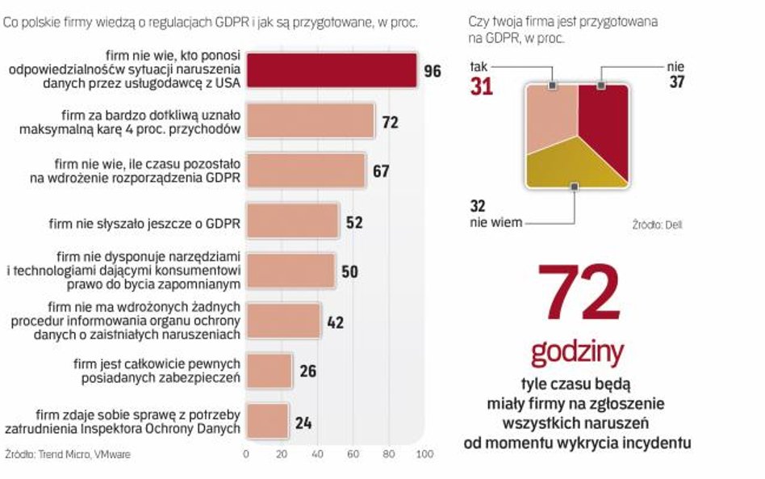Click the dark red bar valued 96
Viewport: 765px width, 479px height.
click(331, 70)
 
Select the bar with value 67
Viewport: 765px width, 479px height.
click(306, 170)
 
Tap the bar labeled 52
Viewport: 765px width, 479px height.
click(292, 221)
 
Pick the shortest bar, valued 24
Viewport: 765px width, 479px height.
click(267, 421)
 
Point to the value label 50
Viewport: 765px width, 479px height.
click(349, 271)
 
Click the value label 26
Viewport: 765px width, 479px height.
click(307, 372)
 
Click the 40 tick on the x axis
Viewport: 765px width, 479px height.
click(317, 454)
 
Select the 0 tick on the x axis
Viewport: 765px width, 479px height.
click(246, 454)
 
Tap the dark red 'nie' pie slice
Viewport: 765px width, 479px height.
click(604, 121)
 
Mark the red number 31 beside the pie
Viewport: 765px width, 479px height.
click(482, 86)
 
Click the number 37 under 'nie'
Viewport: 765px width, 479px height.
click(676, 82)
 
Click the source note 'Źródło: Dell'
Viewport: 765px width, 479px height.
click(657, 225)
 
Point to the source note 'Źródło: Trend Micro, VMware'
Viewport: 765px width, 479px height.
click(68, 455)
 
